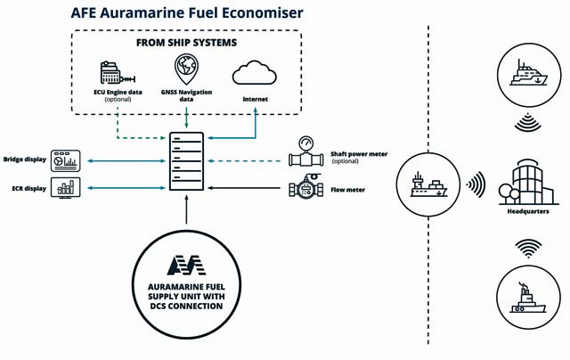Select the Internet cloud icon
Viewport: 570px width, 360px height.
[x=252, y=73]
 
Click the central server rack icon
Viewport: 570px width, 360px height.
[x=185, y=165]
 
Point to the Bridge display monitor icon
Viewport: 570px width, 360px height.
[x=65, y=160]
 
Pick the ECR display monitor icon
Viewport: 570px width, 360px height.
[x=65, y=188]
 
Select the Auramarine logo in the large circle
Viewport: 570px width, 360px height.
[x=186, y=265]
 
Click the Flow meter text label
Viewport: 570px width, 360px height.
[x=347, y=190]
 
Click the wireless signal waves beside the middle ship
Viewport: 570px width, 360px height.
[x=476, y=184]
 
